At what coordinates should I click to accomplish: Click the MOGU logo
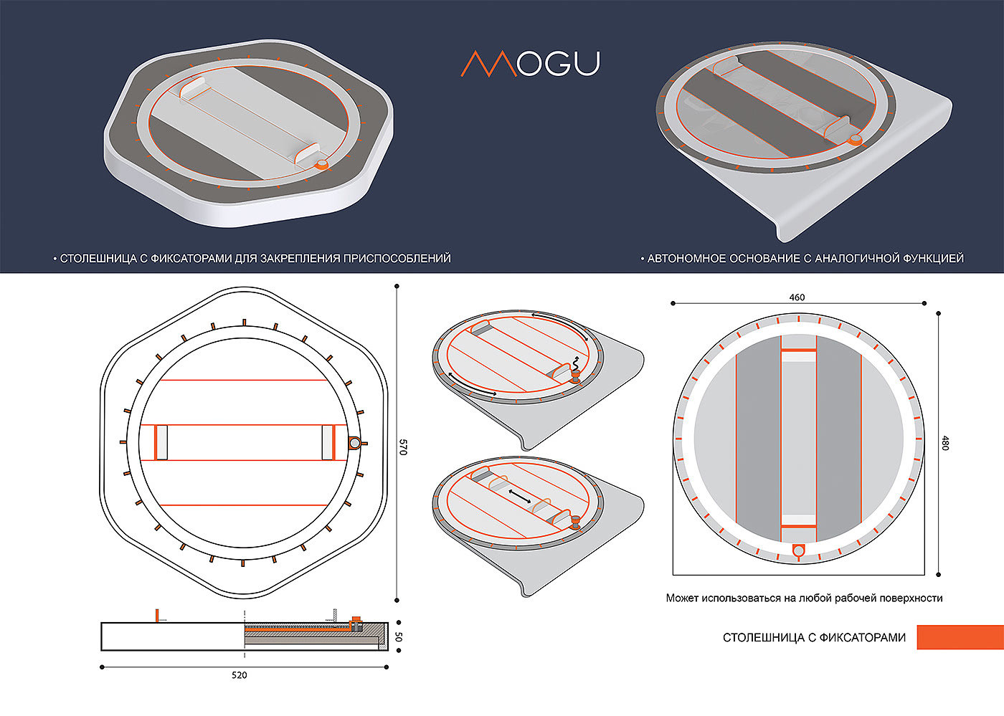530,64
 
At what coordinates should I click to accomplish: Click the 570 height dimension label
402,447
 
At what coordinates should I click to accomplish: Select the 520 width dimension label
240,675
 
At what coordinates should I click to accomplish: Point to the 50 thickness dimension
399,636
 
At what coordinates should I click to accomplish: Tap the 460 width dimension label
797,297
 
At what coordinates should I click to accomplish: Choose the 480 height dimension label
944,443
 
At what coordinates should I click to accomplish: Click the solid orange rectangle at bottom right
960,637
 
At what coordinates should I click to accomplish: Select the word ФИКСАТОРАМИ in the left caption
190,258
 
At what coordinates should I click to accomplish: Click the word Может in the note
682,598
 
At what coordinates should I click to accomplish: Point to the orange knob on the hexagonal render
323,165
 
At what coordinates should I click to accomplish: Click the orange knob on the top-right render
855,140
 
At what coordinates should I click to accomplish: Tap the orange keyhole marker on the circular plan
797,551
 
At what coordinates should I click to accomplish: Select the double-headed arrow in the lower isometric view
520,495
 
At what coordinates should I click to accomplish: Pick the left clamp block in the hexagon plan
161,442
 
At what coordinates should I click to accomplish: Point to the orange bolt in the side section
355,621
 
